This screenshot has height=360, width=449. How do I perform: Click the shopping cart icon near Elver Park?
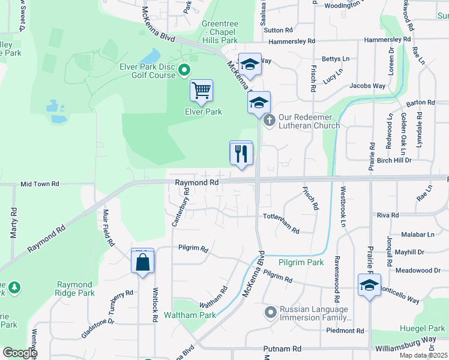[201, 91]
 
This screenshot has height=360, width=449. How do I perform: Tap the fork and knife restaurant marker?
[241, 154]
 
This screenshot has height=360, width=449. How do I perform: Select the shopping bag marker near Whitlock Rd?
[143, 262]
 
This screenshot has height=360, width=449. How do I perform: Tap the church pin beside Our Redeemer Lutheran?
[270, 121]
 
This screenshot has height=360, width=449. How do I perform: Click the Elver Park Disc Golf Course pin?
[185, 71]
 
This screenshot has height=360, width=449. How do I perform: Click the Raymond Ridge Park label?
[76, 289]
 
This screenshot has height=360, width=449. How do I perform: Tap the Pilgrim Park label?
[301, 262]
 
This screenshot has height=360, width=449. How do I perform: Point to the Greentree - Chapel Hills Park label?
[220, 32]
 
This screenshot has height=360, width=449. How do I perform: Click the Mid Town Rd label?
[40, 184]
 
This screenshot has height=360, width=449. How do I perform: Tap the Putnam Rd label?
[282, 349]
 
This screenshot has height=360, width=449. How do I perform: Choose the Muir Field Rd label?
[108, 228]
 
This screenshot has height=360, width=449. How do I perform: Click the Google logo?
[20, 353]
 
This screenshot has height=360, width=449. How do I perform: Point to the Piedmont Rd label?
[345, 331]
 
